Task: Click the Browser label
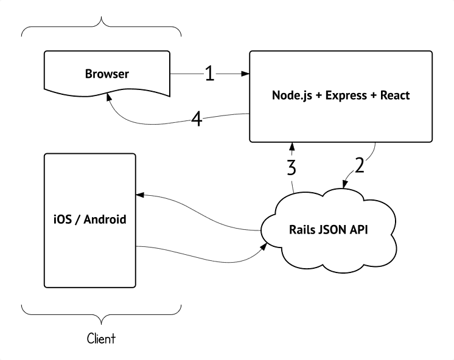point(107,74)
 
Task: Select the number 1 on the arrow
point(209,74)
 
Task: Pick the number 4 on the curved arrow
point(197,119)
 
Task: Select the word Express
point(344,95)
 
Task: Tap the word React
point(394,95)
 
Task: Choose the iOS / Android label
point(89,219)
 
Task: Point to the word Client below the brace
point(101,337)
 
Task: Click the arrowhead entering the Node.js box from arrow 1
point(246,74)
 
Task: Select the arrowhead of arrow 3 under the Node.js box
point(293,145)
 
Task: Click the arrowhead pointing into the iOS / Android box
point(139,195)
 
